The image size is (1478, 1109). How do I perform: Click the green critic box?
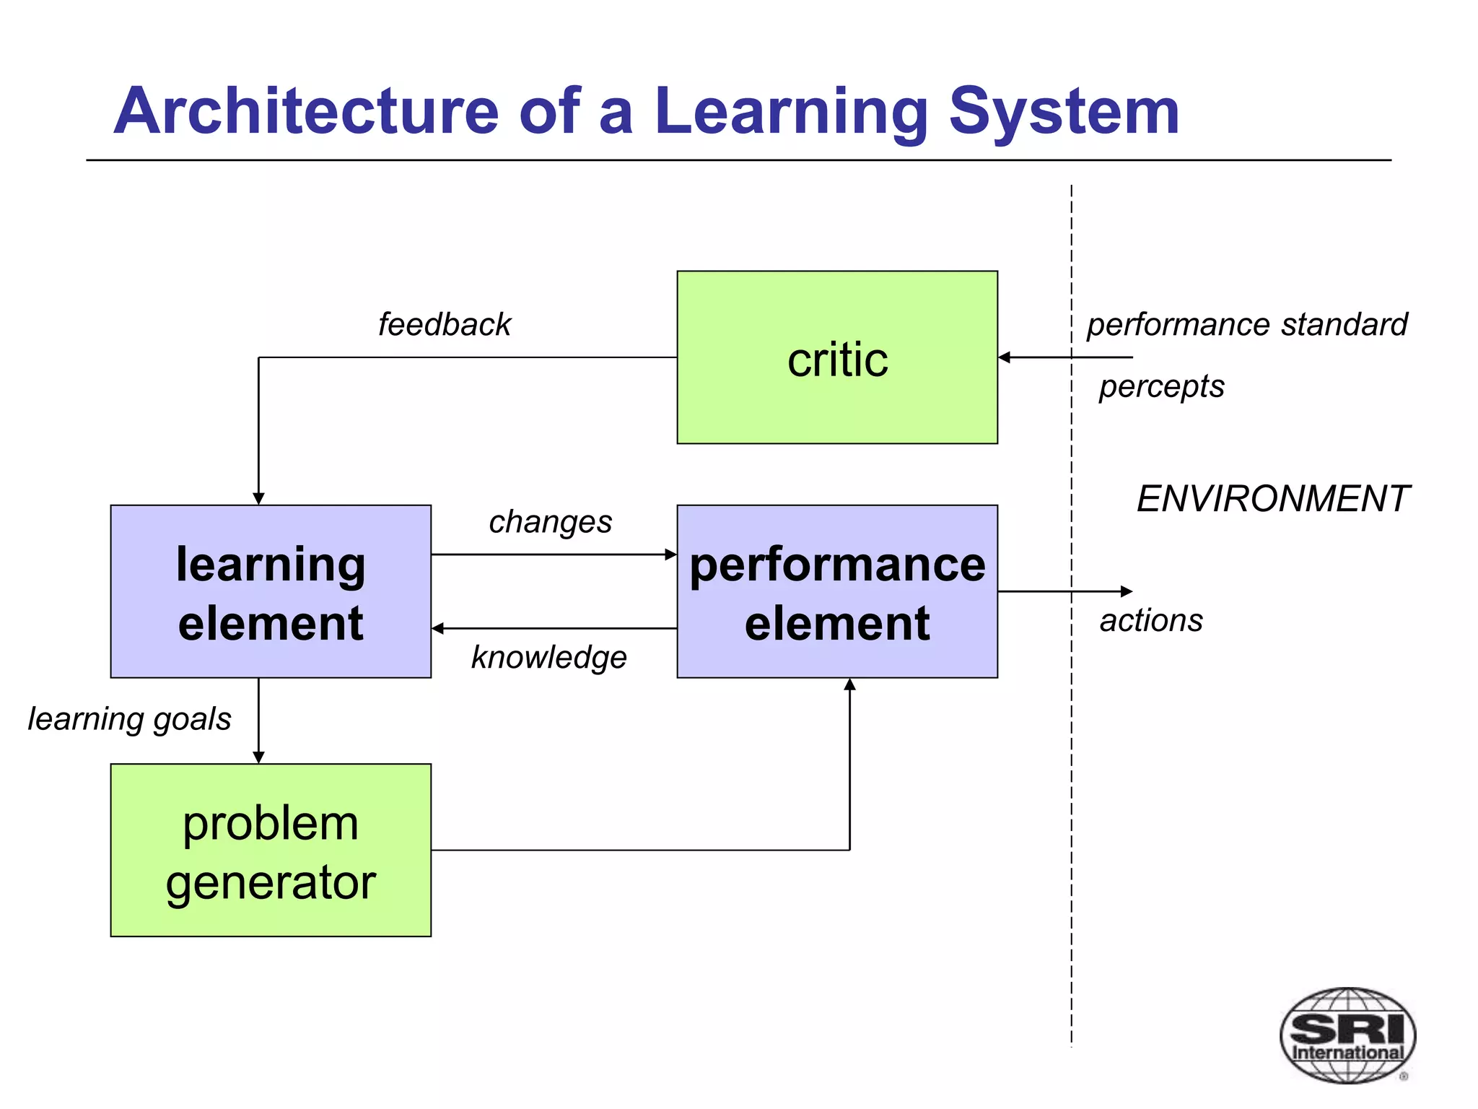point(837,357)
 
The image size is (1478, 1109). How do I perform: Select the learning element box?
point(271,591)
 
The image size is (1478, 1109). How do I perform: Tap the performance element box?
point(837,591)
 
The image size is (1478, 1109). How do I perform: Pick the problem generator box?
point(271,851)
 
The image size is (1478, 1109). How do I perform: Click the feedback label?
point(445,324)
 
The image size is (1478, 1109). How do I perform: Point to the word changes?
point(550,521)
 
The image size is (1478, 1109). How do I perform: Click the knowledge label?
point(549,657)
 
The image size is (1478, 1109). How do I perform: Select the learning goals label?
point(130,719)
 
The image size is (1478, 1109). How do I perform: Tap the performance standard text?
point(1247,324)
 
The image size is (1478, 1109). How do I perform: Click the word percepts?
point(1161,386)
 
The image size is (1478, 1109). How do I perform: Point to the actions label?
point(1151,621)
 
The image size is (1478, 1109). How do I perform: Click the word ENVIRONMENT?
point(1272,499)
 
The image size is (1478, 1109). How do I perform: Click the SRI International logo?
point(1347,1035)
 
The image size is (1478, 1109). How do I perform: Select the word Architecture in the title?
point(306,111)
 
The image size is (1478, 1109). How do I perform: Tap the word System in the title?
point(1064,111)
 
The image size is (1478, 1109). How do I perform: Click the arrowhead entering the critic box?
point(1005,357)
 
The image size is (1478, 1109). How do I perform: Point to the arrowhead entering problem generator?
point(258,757)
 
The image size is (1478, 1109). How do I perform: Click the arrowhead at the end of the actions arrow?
point(1127,591)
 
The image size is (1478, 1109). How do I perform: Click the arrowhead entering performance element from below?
point(850,684)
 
